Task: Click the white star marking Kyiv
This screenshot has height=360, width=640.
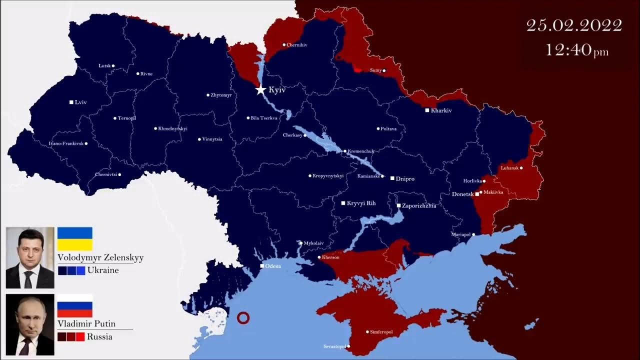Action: click(x=260, y=90)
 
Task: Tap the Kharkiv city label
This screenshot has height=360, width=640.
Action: click(x=441, y=110)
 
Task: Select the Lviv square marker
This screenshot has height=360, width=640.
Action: click(x=71, y=102)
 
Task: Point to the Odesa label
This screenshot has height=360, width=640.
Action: click(x=273, y=266)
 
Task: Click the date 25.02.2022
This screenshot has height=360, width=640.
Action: click(x=574, y=25)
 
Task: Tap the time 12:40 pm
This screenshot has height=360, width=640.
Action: click(x=576, y=50)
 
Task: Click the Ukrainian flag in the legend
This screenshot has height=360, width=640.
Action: click(x=75, y=239)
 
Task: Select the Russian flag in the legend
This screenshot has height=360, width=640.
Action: click(x=75, y=305)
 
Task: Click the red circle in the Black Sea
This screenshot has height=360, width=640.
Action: click(x=243, y=317)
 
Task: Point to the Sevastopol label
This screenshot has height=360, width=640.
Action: click(x=334, y=346)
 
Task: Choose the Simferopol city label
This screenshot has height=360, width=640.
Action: click(x=382, y=331)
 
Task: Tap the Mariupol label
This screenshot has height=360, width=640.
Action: click(x=460, y=234)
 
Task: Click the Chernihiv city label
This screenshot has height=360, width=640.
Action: click(x=297, y=45)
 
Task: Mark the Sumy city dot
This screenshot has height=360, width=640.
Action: click(x=384, y=70)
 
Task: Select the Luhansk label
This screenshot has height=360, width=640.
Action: click(x=509, y=168)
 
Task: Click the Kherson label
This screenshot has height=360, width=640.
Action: click(x=331, y=257)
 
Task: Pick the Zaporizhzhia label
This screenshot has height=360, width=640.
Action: click(x=419, y=205)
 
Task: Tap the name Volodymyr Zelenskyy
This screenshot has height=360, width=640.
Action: click(x=100, y=257)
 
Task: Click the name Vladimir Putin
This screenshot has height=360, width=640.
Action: click(x=86, y=323)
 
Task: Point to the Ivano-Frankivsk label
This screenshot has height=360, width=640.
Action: click(x=66, y=143)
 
